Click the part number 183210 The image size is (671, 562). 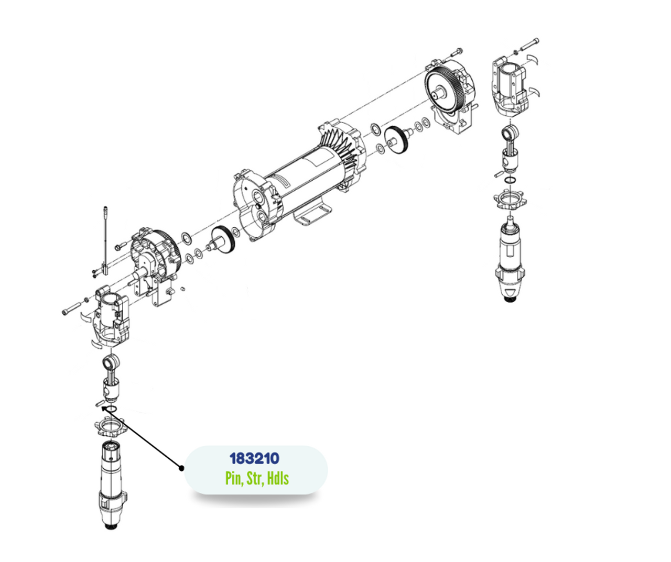[x=254, y=458]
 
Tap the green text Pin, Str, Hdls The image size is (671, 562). [x=257, y=478]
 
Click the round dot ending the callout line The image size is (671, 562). [x=182, y=468]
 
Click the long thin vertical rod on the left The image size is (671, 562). [x=106, y=236]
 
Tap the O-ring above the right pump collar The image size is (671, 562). [x=510, y=180]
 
